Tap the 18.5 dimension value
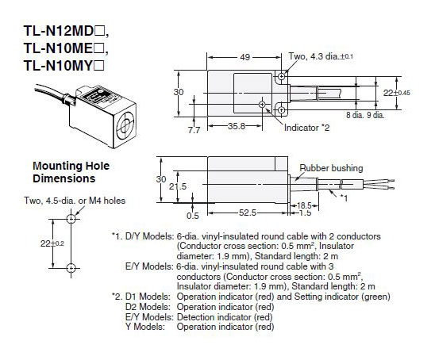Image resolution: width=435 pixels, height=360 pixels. pos(303,205)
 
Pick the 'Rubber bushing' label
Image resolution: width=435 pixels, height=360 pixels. pos(331,169)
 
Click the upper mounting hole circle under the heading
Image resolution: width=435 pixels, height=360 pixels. pos(71,216)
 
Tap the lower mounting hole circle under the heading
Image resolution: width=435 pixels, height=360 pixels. pos(71,266)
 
